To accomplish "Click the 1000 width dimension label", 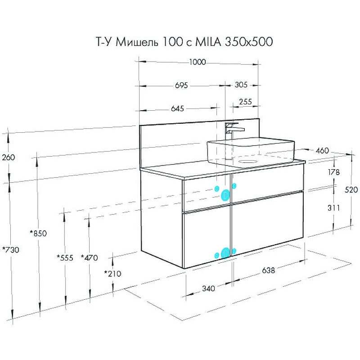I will tap(197, 63).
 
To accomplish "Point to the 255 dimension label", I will tap(245, 102).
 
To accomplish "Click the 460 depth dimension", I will tap(322, 150).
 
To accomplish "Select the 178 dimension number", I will tap(334, 172).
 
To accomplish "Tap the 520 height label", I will tap(351, 190).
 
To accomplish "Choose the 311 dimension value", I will tap(333, 208).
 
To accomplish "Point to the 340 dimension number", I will tap(208, 288).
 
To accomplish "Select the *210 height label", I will tap(112, 273).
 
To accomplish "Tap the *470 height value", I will tap(89, 258).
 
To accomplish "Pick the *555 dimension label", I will tap(65, 258).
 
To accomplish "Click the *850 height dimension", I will tap(39, 233).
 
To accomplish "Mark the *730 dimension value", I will tap(10, 250).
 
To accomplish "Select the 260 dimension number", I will tap(8, 157).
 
